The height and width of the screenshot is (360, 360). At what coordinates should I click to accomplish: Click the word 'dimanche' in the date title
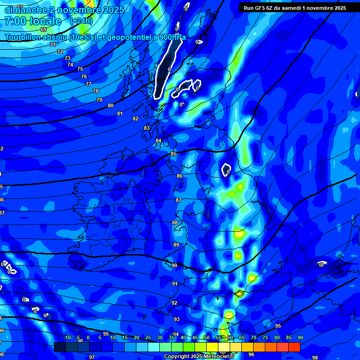pos(26,10)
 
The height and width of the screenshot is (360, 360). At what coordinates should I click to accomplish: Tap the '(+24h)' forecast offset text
pos(81,21)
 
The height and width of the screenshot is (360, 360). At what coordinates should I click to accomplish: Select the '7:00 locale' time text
pos(33,21)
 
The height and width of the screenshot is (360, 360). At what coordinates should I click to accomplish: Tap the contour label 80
pos(111,105)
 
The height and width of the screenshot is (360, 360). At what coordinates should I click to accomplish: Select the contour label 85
pos(173,154)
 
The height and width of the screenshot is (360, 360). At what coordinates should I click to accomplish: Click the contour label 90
pos(174,265)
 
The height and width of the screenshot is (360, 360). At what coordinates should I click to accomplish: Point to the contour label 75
pos(80,69)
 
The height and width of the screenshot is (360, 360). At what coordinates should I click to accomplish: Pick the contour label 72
pos(60,52)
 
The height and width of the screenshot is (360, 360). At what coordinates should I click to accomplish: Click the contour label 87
pos(179,200)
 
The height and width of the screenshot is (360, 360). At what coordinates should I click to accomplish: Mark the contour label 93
pos(177,319)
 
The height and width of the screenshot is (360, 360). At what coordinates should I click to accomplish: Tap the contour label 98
pos(315,357)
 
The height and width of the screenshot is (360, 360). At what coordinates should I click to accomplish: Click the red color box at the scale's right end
pos(294,347)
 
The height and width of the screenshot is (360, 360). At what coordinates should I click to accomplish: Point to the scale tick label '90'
pos(300,338)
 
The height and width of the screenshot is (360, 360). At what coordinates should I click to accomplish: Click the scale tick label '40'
pos(183,338)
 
